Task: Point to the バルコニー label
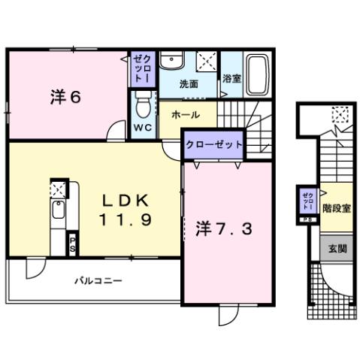pyautogui.click(x=98, y=281)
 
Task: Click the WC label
pyautogui.click(x=141, y=128)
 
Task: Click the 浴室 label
pyautogui.click(x=231, y=78)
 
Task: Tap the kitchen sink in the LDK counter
pyautogui.click(x=59, y=213)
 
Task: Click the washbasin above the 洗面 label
pyautogui.click(x=172, y=60)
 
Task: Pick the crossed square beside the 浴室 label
pyautogui.click(x=208, y=61)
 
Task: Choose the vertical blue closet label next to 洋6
pyautogui.click(x=141, y=68)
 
